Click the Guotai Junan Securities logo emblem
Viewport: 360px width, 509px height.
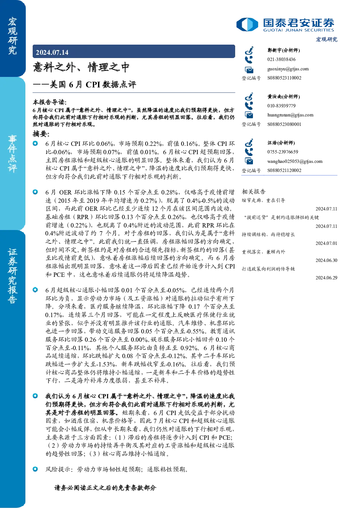pyautogui.click(x=247, y=24)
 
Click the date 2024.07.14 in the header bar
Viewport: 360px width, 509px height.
pyautogui.click(x=52, y=52)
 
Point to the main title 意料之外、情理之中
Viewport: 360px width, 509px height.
pyautogui.click(x=81, y=67)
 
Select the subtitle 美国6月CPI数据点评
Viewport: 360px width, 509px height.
pyautogui.click(x=93, y=85)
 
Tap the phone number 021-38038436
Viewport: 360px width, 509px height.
pyautogui.click(x=281, y=59)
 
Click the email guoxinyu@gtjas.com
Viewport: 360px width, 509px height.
pyautogui.click(x=288, y=69)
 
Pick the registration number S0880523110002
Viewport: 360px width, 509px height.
pyautogui.click(x=284, y=78)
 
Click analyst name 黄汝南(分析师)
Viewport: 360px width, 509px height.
pyautogui.click(x=284, y=97)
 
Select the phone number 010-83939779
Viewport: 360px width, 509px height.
pyautogui.click(x=281, y=106)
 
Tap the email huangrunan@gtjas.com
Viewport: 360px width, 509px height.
pyautogui.click(x=290, y=115)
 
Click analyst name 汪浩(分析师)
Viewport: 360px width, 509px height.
pyautogui.click(x=281, y=143)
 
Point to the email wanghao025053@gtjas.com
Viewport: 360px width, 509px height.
pyautogui.click(x=295, y=161)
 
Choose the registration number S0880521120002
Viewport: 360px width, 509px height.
pyautogui.click(x=284, y=171)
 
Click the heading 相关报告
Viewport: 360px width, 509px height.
pyautogui.click(x=253, y=192)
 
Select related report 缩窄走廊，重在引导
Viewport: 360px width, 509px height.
pyautogui.click(x=263, y=200)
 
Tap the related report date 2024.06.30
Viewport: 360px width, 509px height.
pyautogui.click(x=326, y=260)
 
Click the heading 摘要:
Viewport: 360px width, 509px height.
pyautogui.click(x=41, y=134)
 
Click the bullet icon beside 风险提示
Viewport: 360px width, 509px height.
pyautogui.click(x=35, y=469)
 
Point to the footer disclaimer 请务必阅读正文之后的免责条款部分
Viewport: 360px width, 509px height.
pyautogui.click(x=105, y=488)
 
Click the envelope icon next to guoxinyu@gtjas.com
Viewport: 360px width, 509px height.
pyautogui.click(x=249, y=70)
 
